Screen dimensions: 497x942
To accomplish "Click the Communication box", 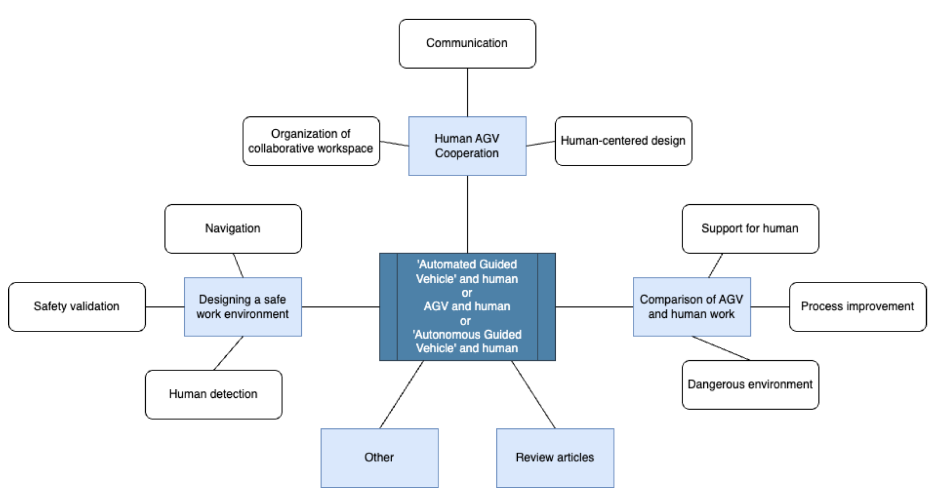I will click(x=467, y=44).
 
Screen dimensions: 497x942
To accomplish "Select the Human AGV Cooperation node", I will click(x=467, y=146).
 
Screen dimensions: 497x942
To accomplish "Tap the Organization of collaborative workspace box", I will click(x=311, y=141).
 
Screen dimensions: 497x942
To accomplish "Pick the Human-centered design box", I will click(x=623, y=141).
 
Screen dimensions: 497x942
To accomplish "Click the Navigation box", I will click(x=233, y=229).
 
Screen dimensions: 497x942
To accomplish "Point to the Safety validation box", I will click(x=77, y=306).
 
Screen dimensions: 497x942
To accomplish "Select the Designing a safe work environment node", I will click(x=242, y=306).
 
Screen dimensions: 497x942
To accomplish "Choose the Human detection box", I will click(x=213, y=394).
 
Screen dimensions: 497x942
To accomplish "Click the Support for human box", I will click(x=750, y=229).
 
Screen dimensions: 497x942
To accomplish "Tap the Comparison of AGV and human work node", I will click(x=691, y=306).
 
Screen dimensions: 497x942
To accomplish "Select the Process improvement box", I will click(x=857, y=306).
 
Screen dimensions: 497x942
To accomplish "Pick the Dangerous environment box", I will click(x=750, y=385).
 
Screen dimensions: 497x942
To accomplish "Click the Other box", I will click(x=379, y=457).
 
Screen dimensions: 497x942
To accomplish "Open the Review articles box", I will click(x=555, y=457).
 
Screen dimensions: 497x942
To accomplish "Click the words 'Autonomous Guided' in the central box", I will click(x=467, y=335).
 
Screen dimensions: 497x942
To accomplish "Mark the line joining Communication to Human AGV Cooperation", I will click(x=467, y=92).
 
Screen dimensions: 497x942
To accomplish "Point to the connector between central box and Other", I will click(x=402, y=394).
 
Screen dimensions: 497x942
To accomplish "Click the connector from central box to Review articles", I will click(x=533, y=394).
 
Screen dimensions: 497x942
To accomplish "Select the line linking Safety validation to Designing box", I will click(x=164, y=307).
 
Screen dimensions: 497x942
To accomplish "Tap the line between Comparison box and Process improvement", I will click(x=770, y=307).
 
